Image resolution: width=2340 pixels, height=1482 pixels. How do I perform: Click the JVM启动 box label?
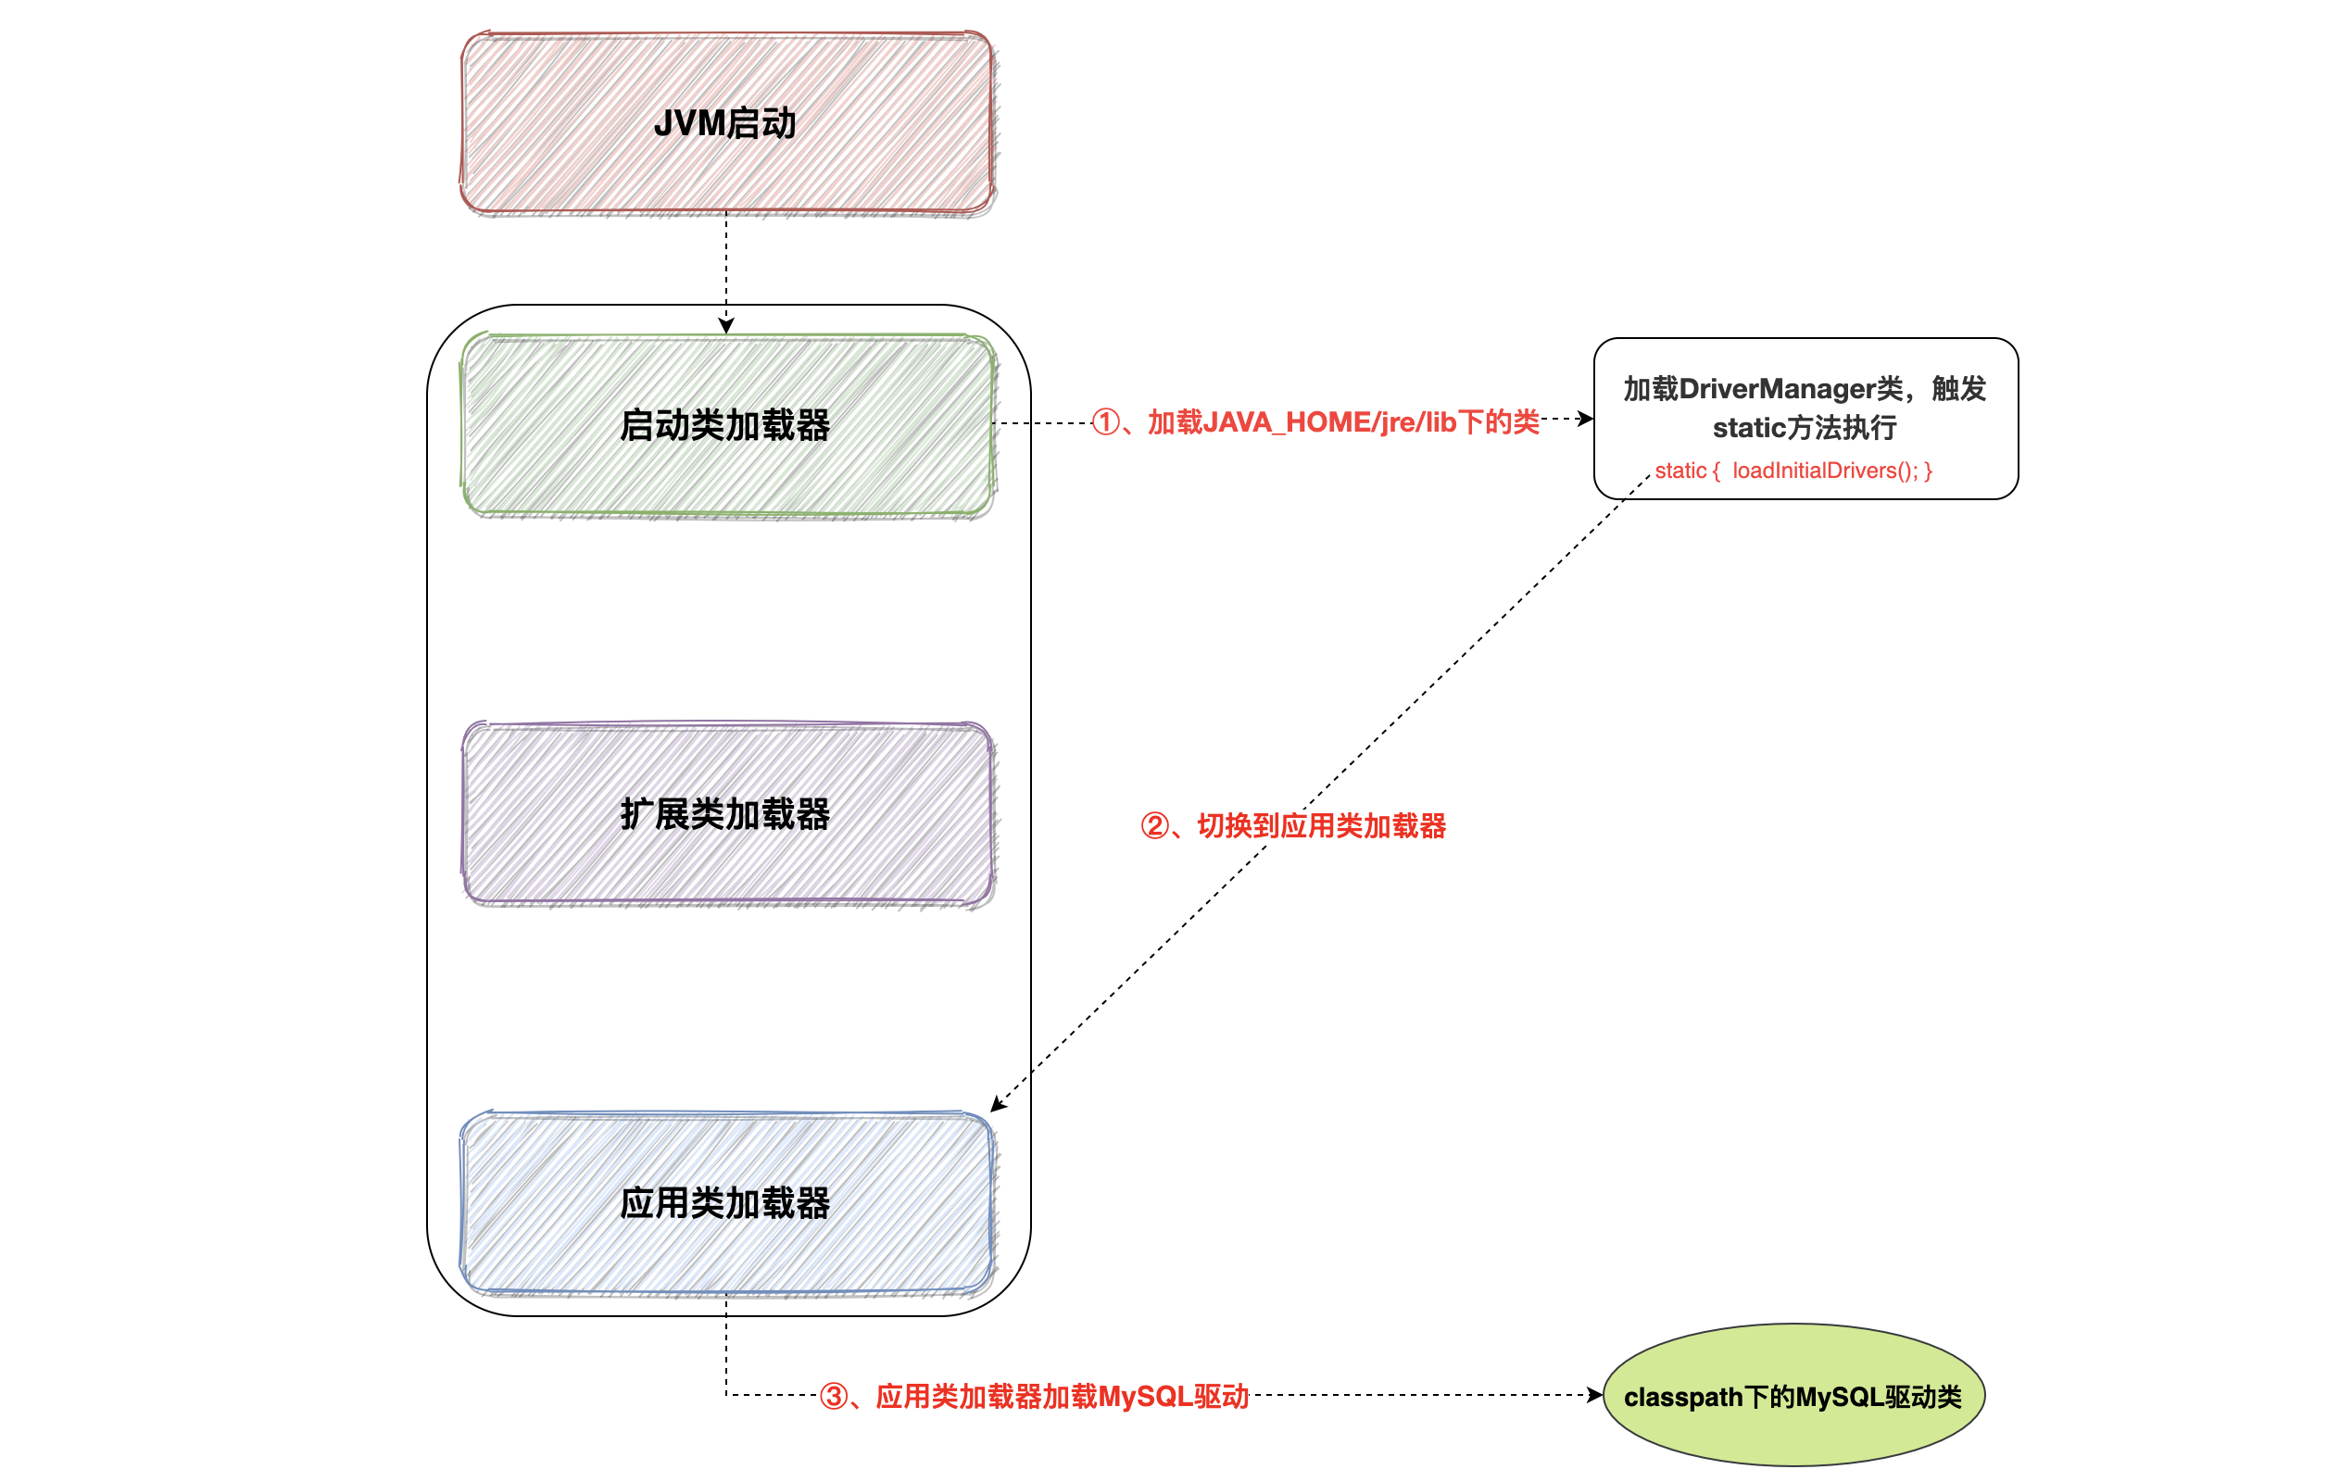(725, 123)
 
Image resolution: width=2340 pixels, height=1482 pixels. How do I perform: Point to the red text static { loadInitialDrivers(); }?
(1793, 471)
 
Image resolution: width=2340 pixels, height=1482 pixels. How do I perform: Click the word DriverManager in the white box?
(1790, 389)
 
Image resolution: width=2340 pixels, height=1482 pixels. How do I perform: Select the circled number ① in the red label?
(1106, 421)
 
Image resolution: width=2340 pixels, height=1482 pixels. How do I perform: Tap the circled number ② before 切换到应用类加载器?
(1154, 826)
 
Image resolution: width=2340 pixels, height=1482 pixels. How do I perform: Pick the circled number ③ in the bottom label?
(834, 1397)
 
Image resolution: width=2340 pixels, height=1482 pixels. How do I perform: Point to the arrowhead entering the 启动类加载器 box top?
(726, 327)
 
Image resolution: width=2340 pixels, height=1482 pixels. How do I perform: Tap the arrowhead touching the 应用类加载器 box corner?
(997, 1105)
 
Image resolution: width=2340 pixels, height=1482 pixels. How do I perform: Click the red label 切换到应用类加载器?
(1321, 826)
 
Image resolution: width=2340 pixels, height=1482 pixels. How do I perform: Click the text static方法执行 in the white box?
(1805, 428)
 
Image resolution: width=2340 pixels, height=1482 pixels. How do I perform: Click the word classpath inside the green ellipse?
(1682, 1397)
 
